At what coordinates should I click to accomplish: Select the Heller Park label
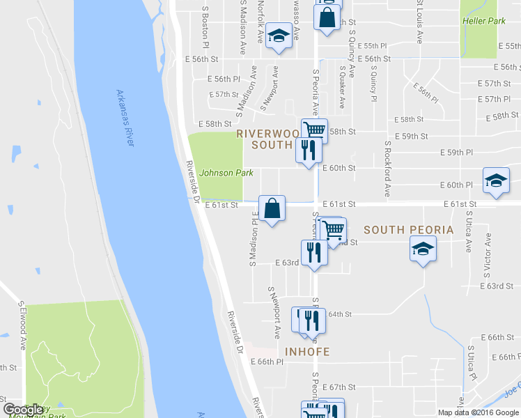[x=483, y=21]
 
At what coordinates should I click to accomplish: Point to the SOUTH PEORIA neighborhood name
[x=408, y=230]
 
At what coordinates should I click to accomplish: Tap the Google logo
[x=22, y=409]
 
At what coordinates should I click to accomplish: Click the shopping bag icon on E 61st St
[x=272, y=208]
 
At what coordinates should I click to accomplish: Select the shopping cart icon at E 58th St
[x=315, y=129]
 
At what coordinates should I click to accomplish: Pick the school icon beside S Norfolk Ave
[x=279, y=37]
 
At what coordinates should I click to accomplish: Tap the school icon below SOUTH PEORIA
[x=423, y=249]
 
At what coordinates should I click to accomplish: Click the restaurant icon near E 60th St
[x=306, y=149]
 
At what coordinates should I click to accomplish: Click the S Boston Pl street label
[x=205, y=23]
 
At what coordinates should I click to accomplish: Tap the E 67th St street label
[x=339, y=387]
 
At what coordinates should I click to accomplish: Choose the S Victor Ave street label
[x=488, y=251]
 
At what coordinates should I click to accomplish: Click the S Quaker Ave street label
[x=342, y=88]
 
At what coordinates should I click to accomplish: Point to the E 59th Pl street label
[x=457, y=152]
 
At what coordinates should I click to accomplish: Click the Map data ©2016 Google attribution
[x=478, y=412]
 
